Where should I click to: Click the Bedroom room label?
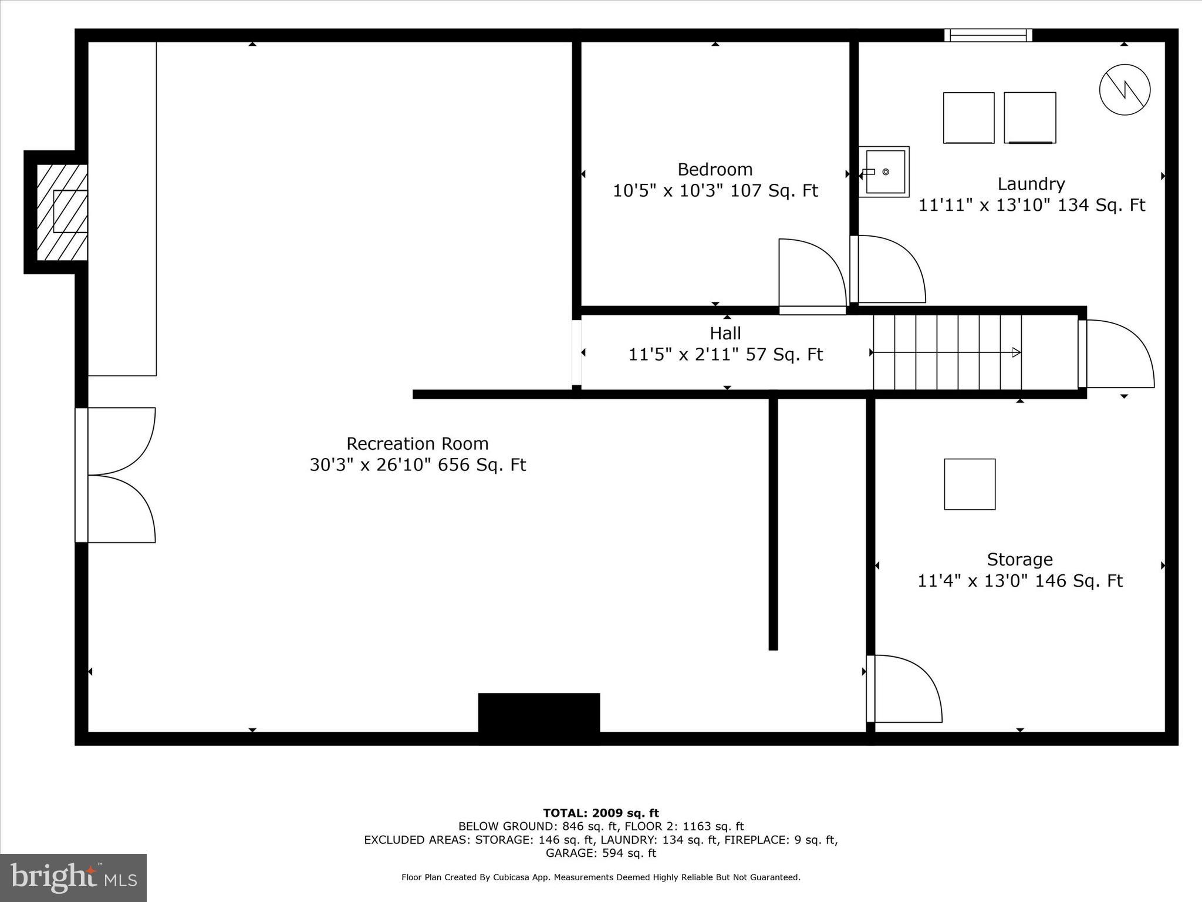pyautogui.click(x=714, y=170)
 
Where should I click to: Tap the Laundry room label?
pyautogui.click(x=1031, y=184)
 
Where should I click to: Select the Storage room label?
pyautogui.click(x=1019, y=559)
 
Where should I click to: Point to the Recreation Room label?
pyautogui.click(x=417, y=443)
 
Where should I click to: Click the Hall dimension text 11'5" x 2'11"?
pyautogui.click(x=725, y=355)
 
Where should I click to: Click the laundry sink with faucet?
pyautogui.click(x=884, y=172)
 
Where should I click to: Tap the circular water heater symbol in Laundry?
pyautogui.click(x=1125, y=90)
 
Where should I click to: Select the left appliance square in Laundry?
pyautogui.click(x=968, y=118)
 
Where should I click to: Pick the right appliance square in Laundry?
pyautogui.click(x=1030, y=118)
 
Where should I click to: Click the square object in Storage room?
pyautogui.click(x=970, y=484)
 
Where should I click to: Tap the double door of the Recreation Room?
pyautogui.click(x=117, y=475)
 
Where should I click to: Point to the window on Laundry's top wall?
pyautogui.click(x=988, y=35)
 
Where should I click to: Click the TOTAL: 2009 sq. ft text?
pyautogui.click(x=600, y=813)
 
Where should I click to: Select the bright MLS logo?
pyautogui.click(x=73, y=877)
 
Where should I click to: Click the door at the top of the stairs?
pyautogui.click(x=1115, y=354)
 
